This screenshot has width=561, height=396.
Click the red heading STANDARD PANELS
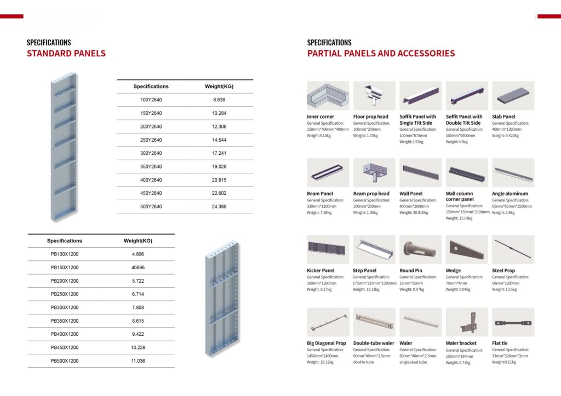(66, 54)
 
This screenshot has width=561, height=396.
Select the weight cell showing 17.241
(219, 153)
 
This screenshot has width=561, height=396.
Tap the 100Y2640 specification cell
(151, 100)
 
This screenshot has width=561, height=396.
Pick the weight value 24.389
(219, 207)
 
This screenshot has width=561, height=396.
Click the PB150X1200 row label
(65, 267)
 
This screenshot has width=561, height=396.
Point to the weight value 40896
(138, 267)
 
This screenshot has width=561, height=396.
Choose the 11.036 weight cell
(138, 361)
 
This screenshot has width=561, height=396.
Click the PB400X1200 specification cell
(65, 334)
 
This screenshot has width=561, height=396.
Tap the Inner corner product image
(328, 96)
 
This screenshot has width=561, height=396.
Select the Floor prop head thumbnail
(374, 96)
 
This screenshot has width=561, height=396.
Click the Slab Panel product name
(503, 117)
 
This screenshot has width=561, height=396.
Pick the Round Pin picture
(420, 250)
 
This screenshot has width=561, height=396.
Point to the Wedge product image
(467, 250)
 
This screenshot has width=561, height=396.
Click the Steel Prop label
(503, 271)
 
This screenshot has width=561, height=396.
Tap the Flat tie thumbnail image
(513, 322)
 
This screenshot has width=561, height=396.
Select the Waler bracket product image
(467, 322)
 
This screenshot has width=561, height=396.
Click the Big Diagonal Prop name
(327, 343)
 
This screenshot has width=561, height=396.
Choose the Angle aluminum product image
(513, 173)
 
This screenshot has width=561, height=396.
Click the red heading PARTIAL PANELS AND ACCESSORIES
(381, 54)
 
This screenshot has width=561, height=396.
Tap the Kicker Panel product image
(328, 250)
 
